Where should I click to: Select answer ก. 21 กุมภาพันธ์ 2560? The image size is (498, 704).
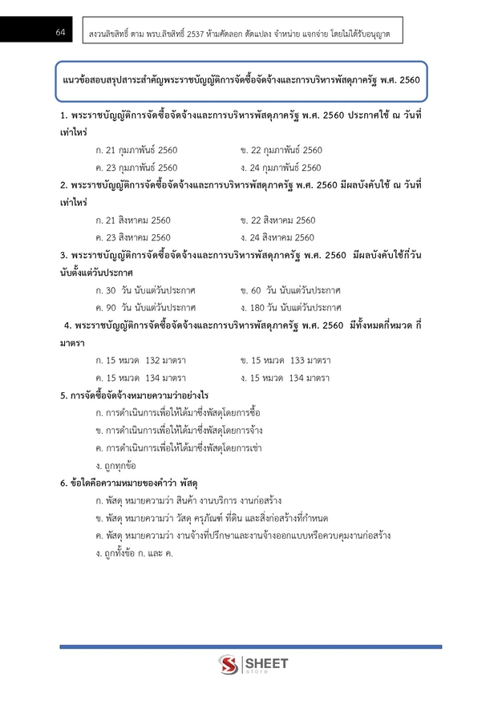coord(136,151)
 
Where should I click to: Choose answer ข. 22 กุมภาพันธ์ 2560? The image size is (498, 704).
coord(281,151)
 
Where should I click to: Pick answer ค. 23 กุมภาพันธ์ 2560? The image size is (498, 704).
coord(136,168)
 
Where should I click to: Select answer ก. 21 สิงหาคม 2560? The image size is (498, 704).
coord(132,221)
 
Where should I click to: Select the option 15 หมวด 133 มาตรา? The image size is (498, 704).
coord(285,360)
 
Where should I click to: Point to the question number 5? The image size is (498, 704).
coord(63,395)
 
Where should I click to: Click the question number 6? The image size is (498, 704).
coord(63,483)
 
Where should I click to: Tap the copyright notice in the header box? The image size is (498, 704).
coord(241,32)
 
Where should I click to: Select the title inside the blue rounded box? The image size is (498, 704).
coord(241,83)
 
